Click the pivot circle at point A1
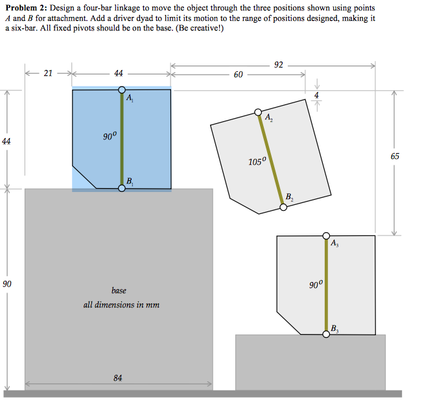(x=122, y=90)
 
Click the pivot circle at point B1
(x=122, y=188)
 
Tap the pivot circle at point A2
(x=259, y=113)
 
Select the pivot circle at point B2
(x=283, y=208)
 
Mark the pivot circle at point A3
(x=326, y=236)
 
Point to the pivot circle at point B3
(x=326, y=334)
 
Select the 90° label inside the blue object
(x=110, y=136)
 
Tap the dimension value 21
(x=47, y=73)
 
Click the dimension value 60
(x=238, y=75)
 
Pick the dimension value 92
(x=279, y=65)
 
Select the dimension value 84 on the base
(x=117, y=378)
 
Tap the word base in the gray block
(x=119, y=291)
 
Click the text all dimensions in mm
(x=121, y=304)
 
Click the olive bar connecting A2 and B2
(x=271, y=160)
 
